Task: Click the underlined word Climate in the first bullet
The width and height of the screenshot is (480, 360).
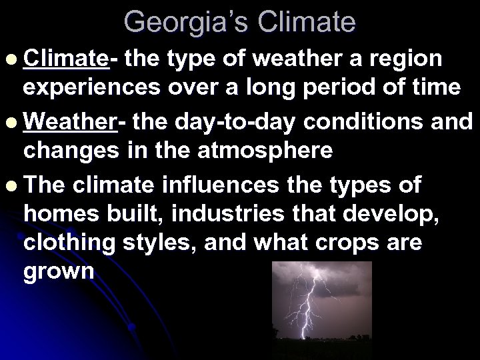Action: (x=65, y=59)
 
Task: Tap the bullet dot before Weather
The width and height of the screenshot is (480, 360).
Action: (x=9, y=123)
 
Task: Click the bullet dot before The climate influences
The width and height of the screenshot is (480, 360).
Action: (x=9, y=185)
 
